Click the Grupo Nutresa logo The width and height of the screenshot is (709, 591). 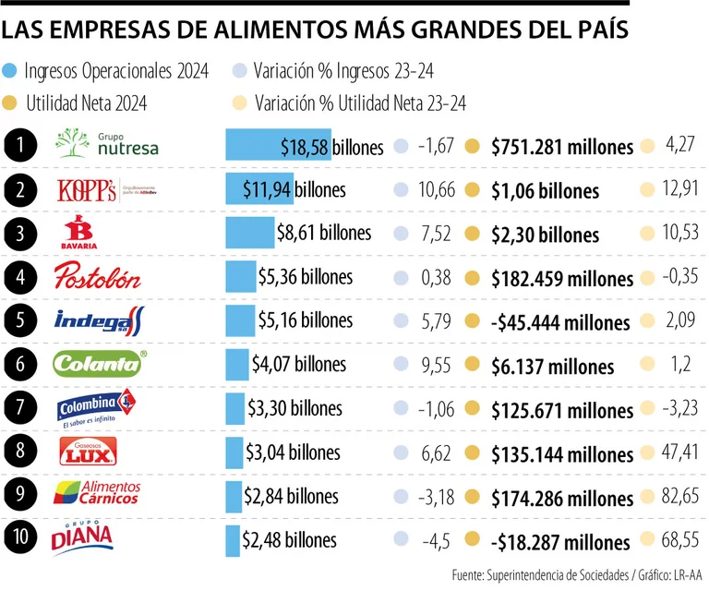[106, 144]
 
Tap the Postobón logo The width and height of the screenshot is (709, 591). [97, 276]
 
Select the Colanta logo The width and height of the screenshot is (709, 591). [99, 364]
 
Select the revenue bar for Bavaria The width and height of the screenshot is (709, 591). [250, 234]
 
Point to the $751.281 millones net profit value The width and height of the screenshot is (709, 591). [562, 147]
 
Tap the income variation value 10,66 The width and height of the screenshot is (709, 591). [436, 190]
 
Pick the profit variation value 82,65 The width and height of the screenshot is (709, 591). [679, 497]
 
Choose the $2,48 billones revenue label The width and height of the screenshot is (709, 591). [289, 539]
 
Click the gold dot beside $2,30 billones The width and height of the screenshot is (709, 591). [473, 235]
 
